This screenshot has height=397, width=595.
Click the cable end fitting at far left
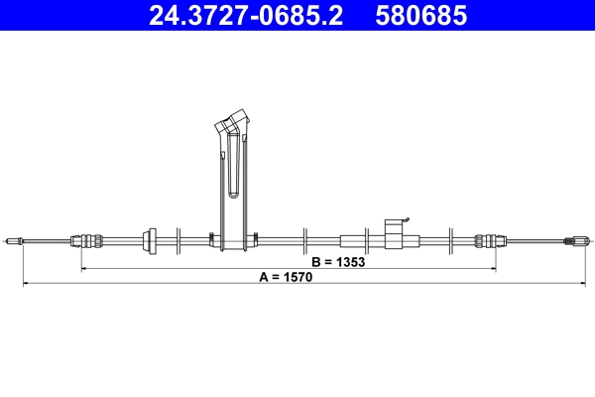pyautogui.click(x=14, y=240)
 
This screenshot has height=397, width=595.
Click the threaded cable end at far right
pyautogui.click(x=579, y=240)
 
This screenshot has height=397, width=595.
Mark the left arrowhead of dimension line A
pyautogui.click(x=26, y=285)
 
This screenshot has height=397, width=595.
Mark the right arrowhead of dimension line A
pyautogui.click(x=570, y=285)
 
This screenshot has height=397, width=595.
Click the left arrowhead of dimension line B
pyautogui.click(x=83, y=269)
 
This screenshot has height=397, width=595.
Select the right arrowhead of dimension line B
pyautogui.click(x=493, y=269)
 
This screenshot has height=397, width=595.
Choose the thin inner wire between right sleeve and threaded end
pyautogui.click(x=535, y=241)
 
